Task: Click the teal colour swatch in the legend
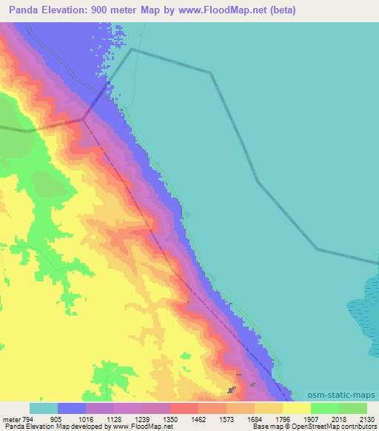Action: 43,408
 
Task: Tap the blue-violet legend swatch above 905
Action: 71,408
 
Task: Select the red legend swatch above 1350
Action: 184,408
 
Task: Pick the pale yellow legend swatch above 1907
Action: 296,408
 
